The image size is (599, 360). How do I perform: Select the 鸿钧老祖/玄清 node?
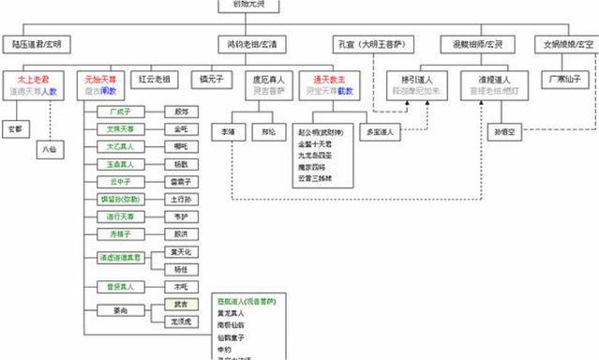coord(252,44)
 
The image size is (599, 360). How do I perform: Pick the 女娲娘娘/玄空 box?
coord(567,44)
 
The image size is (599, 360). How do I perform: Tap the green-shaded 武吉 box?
coord(180,304)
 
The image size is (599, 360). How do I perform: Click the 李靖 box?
coord(228,133)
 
